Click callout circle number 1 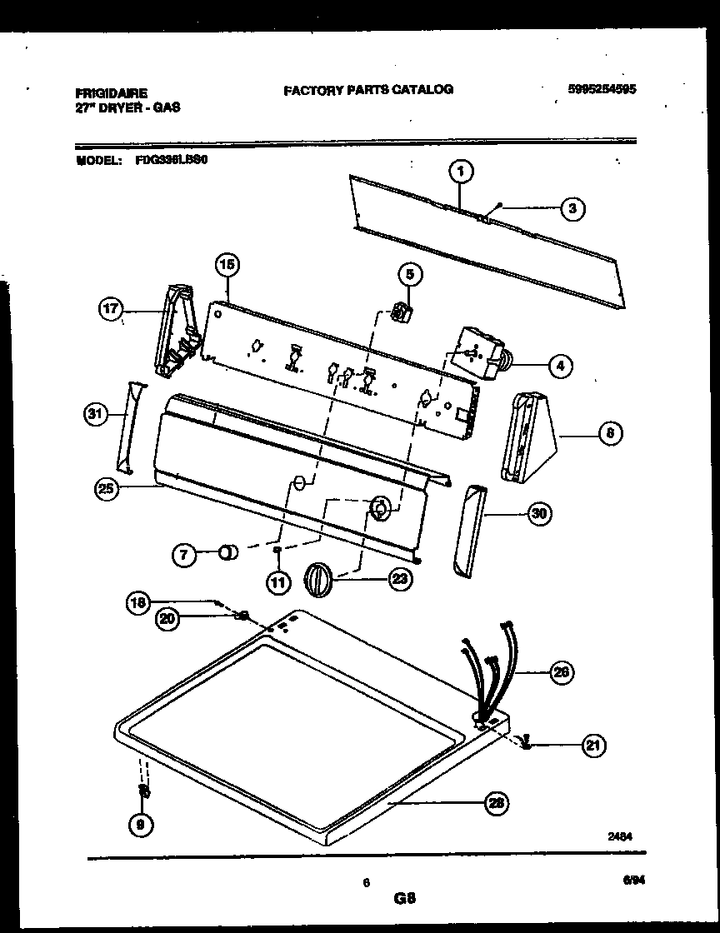coord(460,172)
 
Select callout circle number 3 coord(572,208)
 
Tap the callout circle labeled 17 coord(111,311)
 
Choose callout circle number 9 coord(140,825)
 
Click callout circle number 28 coord(496,802)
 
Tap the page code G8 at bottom coord(405,899)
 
